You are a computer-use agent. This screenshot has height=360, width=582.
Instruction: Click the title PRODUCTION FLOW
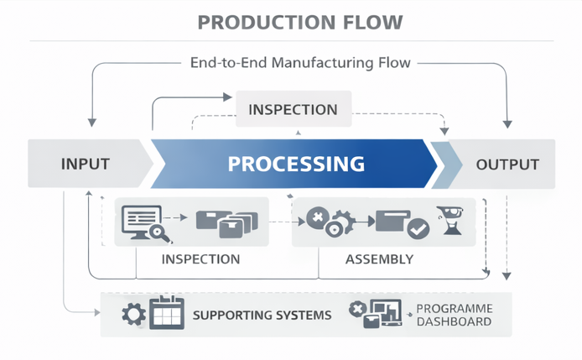coord(299,22)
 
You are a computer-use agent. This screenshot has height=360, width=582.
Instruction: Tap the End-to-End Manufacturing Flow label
coord(299,63)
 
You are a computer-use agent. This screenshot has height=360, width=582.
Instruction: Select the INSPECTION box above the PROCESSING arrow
coord(293,110)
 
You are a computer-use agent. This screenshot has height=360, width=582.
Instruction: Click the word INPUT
coord(86,164)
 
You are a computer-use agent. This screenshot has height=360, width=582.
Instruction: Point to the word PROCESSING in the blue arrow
coord(296,164)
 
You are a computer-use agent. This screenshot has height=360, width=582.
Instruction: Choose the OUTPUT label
coord(507,164)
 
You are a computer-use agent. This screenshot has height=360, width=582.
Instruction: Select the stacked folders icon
coord(227,222)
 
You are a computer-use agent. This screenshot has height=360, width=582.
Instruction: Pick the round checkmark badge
coord(418,227)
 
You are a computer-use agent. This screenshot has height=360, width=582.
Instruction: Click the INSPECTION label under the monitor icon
coord(200,259)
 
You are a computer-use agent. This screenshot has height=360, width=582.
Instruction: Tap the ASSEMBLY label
coord(379,259)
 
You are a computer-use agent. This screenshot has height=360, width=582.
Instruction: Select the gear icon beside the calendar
coord(133,316)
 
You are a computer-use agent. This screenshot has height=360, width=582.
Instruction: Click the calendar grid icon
coord(166,313)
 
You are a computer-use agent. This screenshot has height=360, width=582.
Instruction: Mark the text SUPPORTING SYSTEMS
coord(262,316)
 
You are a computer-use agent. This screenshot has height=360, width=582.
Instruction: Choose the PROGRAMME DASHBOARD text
coord(454,316)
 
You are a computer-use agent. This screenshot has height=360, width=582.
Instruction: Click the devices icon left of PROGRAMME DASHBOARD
coord(374,314)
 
